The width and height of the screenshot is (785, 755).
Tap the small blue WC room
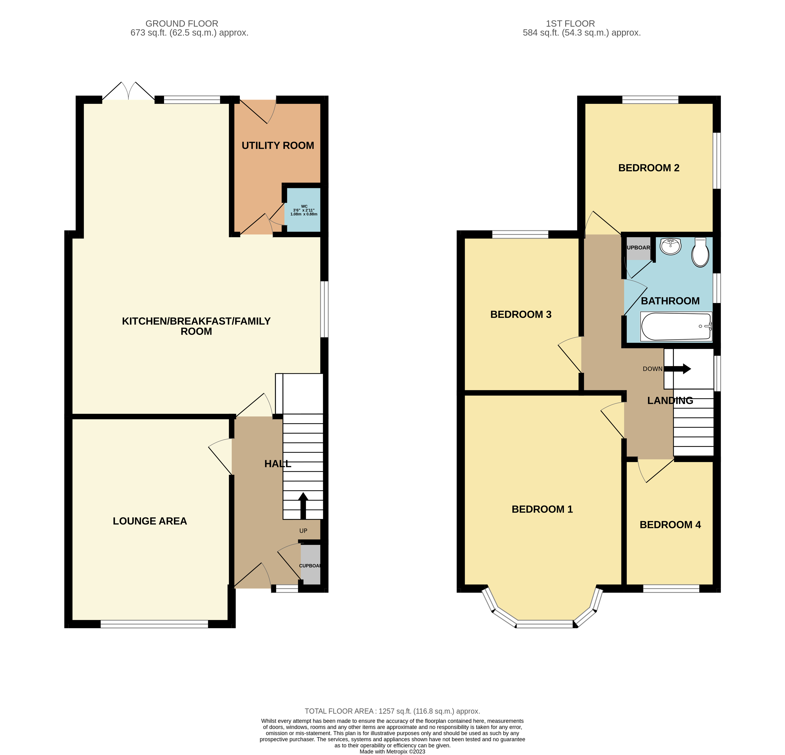[x=304, y=210]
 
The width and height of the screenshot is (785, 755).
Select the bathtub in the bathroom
[x=676, y=326]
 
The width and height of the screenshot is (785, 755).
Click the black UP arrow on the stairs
[x=303, y=506]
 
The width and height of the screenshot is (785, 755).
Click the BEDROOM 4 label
[x=670, y=525]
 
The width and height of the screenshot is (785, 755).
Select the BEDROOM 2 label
[x=649, y=168]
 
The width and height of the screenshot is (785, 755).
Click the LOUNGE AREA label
[x=150, y=521]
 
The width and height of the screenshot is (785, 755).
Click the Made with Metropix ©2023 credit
[x=392, y=751]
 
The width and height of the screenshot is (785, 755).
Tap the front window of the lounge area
[x=154, y=624]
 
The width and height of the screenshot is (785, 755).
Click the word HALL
[x=278, y=464]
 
